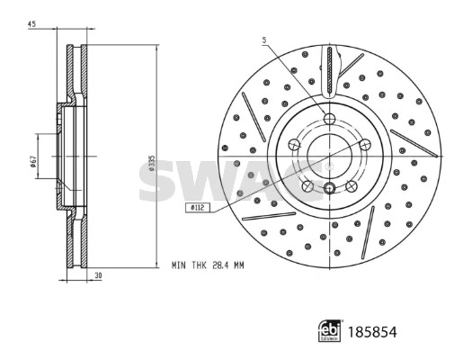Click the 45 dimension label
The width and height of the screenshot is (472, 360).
[31, 24]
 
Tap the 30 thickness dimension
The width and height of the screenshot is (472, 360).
[96, 276]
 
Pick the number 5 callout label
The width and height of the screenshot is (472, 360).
[265, 40]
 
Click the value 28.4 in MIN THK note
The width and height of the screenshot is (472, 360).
[218, 266]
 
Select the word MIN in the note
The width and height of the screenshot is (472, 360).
[180, 266]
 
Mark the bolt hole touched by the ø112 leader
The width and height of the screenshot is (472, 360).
[307, 185]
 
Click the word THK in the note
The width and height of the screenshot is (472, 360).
[198, 266]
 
